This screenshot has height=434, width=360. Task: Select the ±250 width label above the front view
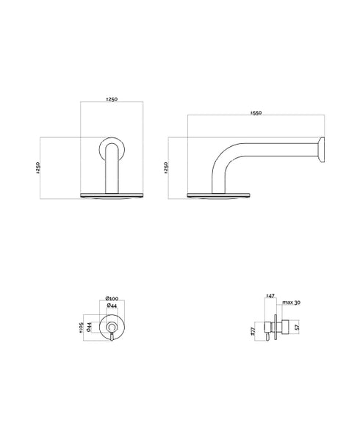[x=112, y=99]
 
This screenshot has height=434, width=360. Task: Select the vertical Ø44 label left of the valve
[x=89, y=326]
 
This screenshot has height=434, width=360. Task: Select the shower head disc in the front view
[x=112, y=195]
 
